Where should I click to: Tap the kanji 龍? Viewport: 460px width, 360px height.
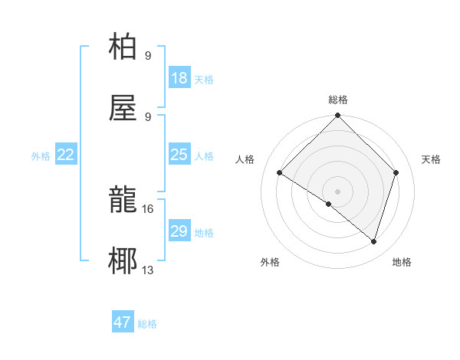(x=123, y=201)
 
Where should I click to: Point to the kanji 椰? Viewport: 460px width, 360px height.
(x=123, y=262)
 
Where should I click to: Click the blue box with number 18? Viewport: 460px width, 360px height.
(x=179, y=78)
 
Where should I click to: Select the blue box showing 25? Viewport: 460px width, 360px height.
(x=179, y=155)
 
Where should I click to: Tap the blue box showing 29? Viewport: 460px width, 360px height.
(x=179, y=231)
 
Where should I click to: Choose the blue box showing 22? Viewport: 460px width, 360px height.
(x=66, y=155)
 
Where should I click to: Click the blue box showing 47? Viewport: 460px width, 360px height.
(x=123, y=322)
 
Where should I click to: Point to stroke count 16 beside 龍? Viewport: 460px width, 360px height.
(x=149, y=208)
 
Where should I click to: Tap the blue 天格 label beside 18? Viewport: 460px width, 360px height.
(x=204, y=80)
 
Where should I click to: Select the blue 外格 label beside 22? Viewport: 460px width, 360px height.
(x=41, y=156)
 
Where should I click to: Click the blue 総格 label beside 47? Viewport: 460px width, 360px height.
(x=147, y=324)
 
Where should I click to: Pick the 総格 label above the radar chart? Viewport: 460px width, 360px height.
(x=338, y=100)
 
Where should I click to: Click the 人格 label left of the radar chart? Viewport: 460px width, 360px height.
(x=245, y=159)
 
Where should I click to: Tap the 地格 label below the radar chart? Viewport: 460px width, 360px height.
(x=402, y=263)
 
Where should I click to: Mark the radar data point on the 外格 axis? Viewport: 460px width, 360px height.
(x=329, y=204)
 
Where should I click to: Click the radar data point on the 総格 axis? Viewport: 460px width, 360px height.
(x=338, y=116)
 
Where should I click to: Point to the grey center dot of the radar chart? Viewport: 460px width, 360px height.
(x=338, y=191)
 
